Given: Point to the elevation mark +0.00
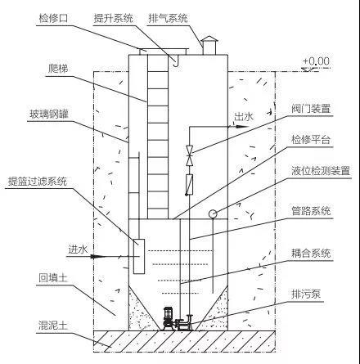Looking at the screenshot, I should pyautogui.click(x=315, y=61).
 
